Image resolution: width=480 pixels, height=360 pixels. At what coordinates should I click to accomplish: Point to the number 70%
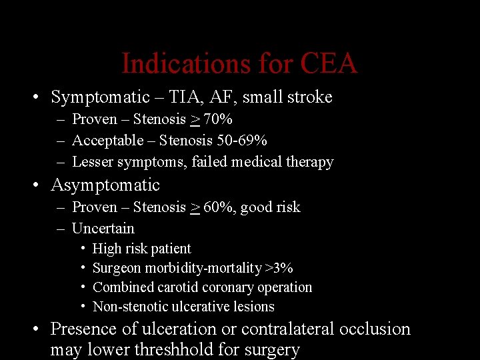click(218, 119)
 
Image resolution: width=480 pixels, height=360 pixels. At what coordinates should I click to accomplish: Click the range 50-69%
click(242, 141)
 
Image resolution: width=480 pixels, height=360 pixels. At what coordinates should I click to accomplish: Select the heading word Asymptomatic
click(105, 185)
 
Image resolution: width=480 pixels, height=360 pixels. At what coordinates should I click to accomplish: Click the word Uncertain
click(103, 229)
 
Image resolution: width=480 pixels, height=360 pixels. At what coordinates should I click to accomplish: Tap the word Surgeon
click(117, 269)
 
